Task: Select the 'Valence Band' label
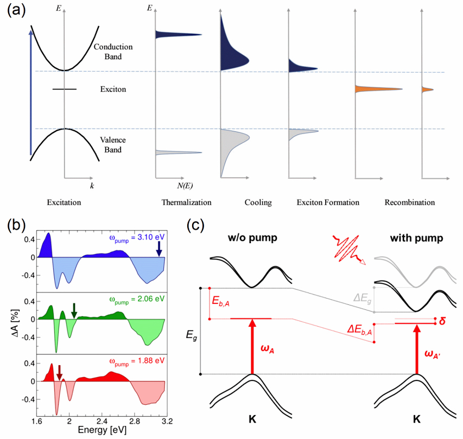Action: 113,145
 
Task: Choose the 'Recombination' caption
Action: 410,202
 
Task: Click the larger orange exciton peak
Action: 377,88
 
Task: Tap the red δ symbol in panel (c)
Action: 442,321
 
